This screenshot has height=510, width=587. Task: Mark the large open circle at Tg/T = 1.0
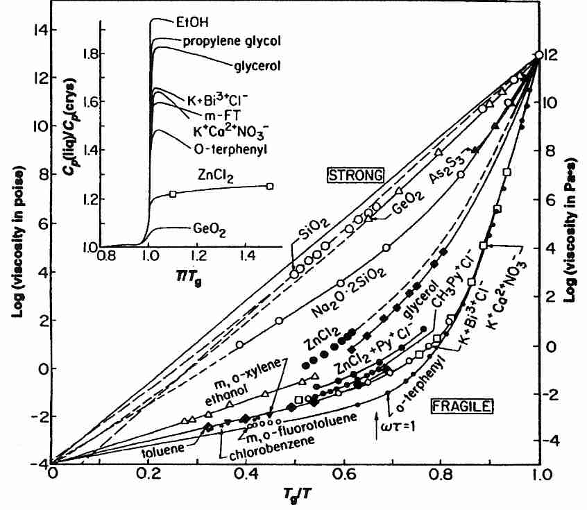point(540,55)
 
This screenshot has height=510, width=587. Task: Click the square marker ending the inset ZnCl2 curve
point(271,185)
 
